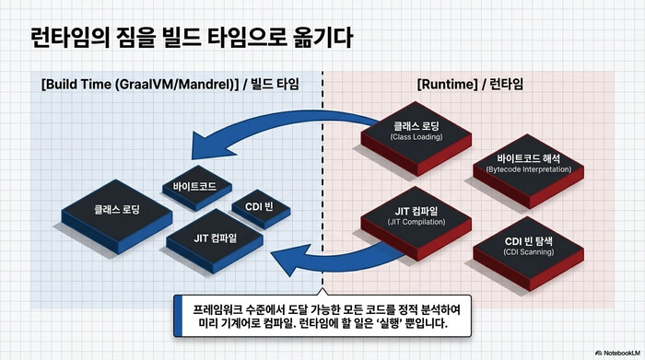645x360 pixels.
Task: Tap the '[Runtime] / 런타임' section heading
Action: point(470,84)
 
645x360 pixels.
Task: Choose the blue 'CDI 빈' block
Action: point(252,205)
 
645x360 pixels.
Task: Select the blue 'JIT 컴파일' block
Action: point(216,238)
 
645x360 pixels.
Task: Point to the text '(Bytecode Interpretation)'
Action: point(528,172)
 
